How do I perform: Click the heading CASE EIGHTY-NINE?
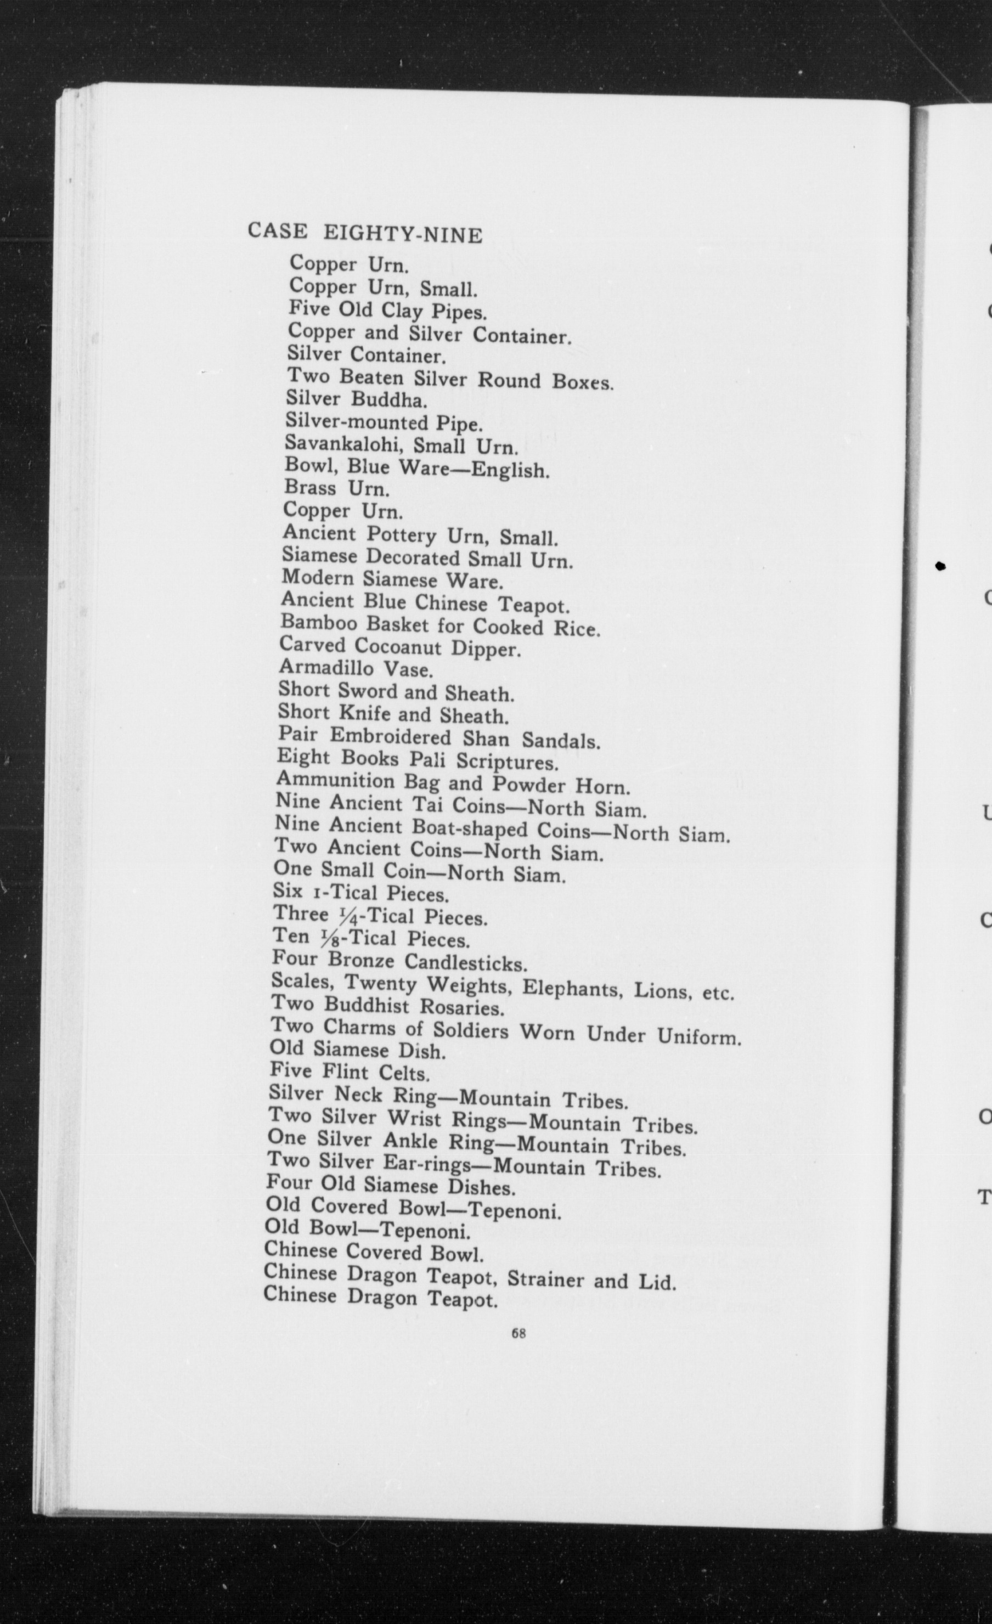[364, 233]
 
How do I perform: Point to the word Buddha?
[389, 399]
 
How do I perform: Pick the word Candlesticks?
[465, 963]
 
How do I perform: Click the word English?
[511, 470]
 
